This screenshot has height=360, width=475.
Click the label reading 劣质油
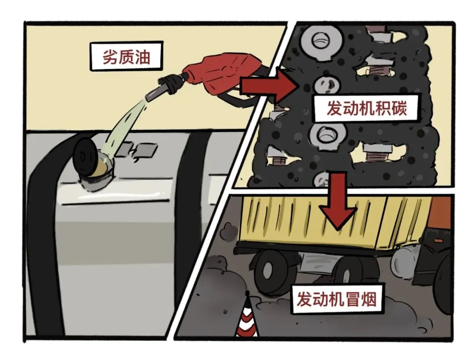(126, 57)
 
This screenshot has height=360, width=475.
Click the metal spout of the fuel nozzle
(156, 92)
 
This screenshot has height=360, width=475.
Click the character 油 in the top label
(143, 57)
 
